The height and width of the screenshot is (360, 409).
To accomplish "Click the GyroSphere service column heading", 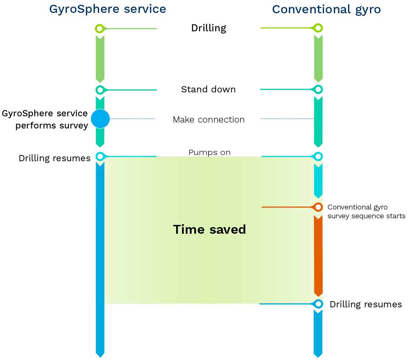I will tap(108, 9).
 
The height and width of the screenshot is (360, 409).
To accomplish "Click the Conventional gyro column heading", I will tap(326, 9).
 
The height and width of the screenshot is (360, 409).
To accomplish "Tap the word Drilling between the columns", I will tap(209, 28).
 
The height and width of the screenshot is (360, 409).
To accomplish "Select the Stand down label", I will tap(209, 89).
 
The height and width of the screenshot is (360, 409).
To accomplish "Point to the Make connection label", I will tap(209, 120).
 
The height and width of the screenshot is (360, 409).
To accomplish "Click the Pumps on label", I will tap(209, 152).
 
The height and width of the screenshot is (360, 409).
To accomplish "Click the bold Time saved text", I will tap(209, 229).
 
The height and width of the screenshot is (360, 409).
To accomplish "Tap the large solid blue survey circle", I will tap(100, 119).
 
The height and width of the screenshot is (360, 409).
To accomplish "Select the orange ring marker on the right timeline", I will tap(318, 207).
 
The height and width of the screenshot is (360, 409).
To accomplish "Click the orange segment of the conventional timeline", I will tap(318, 254).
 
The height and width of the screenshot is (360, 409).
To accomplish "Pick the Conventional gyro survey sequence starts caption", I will tap(366, 212).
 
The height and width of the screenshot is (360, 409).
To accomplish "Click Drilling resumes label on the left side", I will tap(55, 158).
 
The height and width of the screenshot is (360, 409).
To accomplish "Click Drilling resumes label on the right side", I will tap(366, 304).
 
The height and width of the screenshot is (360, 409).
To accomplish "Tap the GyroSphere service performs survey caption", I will tap(45, 120).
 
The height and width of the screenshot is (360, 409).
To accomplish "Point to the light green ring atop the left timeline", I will tap(99, 28).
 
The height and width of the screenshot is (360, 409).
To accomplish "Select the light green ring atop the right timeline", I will tap(318, 28).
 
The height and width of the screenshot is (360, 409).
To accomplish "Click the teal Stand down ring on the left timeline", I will tap(99, 90).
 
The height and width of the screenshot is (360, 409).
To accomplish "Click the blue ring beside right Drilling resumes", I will tap(318, 304).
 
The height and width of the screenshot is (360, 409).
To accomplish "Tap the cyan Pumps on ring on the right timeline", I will tap(318, 156).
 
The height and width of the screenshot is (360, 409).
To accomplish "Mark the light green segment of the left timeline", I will tap(100, 59).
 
